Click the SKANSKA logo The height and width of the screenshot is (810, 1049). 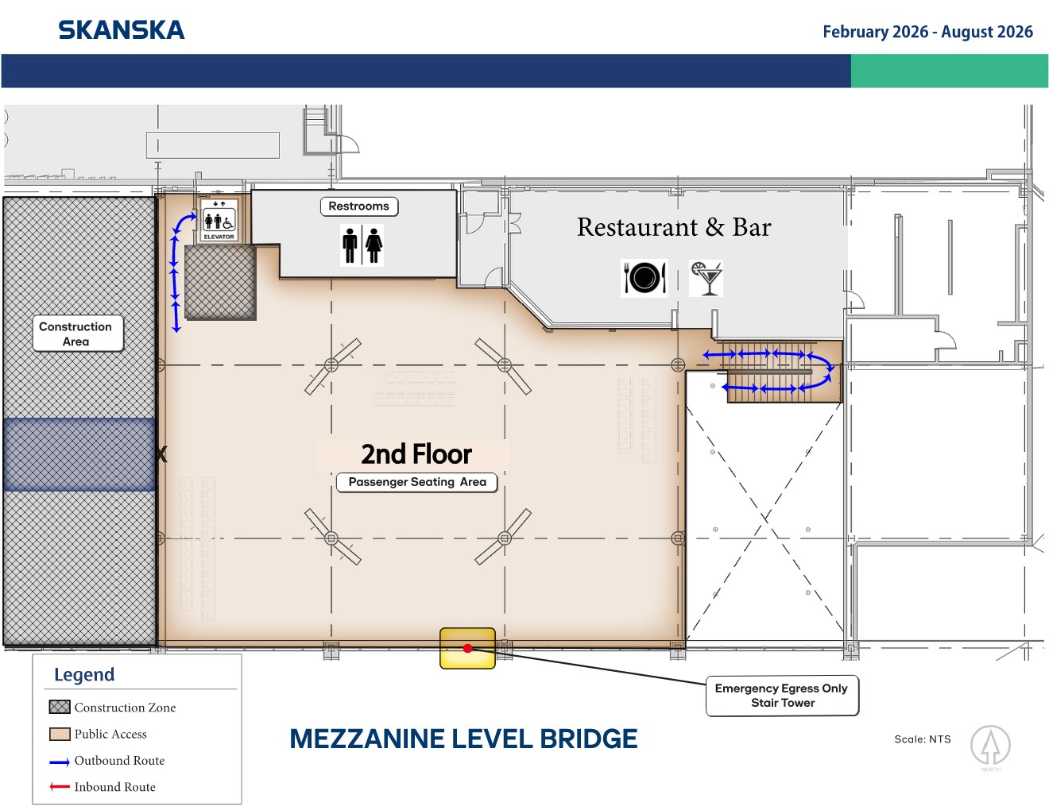click(121, 30)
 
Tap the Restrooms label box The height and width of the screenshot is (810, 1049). click(359, 206)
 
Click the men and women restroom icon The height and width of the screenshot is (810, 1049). click(362, 245)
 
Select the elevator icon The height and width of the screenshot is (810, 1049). click(219, 220)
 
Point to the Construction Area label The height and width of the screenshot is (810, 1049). click(78, 334)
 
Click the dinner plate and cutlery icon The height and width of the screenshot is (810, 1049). click(644, 278)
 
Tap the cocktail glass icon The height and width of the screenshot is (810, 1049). click(706, 278)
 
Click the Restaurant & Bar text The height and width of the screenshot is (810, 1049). click(674, 227)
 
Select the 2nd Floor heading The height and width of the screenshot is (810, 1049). click(416, 454)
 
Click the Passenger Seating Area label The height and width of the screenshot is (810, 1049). click(417, 482)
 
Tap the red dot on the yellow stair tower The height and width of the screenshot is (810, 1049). click(467, 648)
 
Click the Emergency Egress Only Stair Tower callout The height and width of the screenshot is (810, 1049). click(782, 695)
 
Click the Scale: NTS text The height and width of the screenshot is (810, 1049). click(923, 739)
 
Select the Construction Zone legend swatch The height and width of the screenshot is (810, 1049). click(60, 708)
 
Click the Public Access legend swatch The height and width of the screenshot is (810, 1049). click(60, 735)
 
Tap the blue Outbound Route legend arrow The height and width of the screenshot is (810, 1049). click(60, 762)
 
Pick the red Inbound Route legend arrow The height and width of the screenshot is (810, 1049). click(60, 787)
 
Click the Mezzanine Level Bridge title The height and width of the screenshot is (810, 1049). click(463, 739)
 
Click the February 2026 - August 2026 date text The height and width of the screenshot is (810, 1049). click(928, 32)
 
